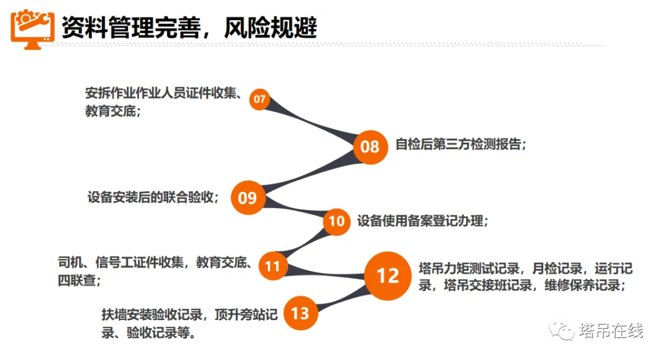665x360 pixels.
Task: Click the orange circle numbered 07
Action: click(x=260, y=99)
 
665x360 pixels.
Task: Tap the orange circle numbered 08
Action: click(x=370, y=146)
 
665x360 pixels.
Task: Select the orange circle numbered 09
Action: click(x=247, y=198)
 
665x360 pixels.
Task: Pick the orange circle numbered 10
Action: click(x=337, y=220)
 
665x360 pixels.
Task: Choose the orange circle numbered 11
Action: click(x=272, y=266)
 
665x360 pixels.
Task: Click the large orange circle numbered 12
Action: click(x=388, y=275)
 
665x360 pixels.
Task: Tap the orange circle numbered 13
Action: click(x=300, y=313)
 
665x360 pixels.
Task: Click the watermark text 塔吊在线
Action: click(x=611, y=331)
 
